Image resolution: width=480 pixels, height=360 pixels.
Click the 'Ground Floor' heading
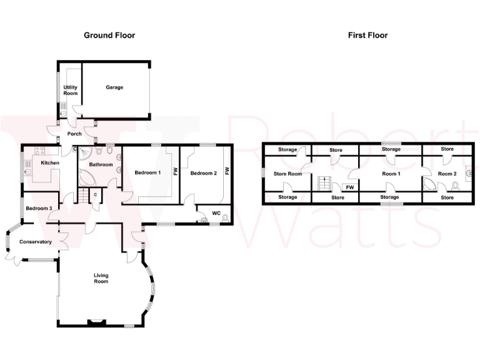[109, 35]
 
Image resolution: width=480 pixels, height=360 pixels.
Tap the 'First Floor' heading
[367, 35]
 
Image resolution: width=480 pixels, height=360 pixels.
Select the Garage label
[114, 87]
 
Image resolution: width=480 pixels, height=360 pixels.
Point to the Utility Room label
[71, 90]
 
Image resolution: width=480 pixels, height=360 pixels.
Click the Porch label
[74, 134]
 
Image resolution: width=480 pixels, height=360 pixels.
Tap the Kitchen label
[50, 163]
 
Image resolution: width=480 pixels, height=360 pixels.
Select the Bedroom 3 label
[39, 207]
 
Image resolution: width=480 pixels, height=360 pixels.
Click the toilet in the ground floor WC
[225, 218]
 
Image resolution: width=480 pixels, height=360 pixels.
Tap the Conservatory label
[35, 242]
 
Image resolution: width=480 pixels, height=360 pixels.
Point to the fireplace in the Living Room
[97, 323]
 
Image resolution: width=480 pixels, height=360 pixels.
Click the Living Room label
[101, 278]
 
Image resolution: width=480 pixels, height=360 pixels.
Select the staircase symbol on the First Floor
[324, 183]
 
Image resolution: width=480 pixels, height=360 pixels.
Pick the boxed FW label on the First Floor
[350, 187]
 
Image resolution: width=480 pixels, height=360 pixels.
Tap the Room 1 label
[391, 174]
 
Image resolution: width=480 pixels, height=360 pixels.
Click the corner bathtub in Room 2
[431, 184]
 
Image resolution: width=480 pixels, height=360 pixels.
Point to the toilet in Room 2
[455, 186]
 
